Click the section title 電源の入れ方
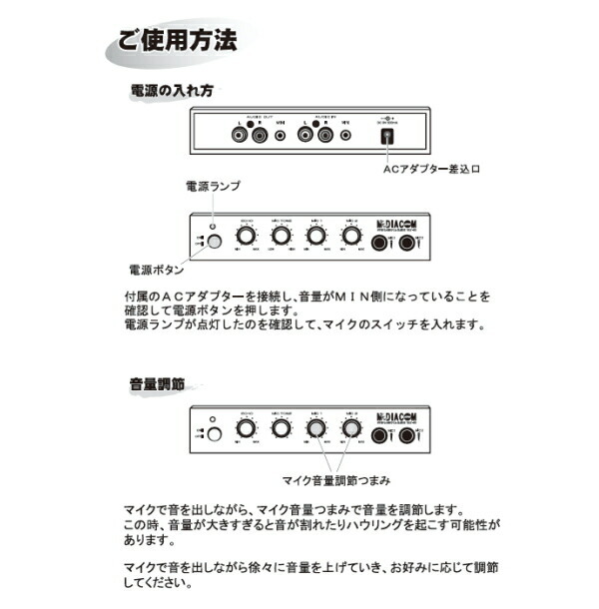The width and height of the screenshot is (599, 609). (x=171, y=91)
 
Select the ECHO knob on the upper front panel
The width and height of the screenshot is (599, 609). (x=245, y=238)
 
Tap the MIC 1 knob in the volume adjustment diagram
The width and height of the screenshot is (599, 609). (x=316, y=430)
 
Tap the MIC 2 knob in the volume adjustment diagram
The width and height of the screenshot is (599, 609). (x=350, y=430)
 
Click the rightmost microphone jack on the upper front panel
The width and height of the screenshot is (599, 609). (x=407, y=241)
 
